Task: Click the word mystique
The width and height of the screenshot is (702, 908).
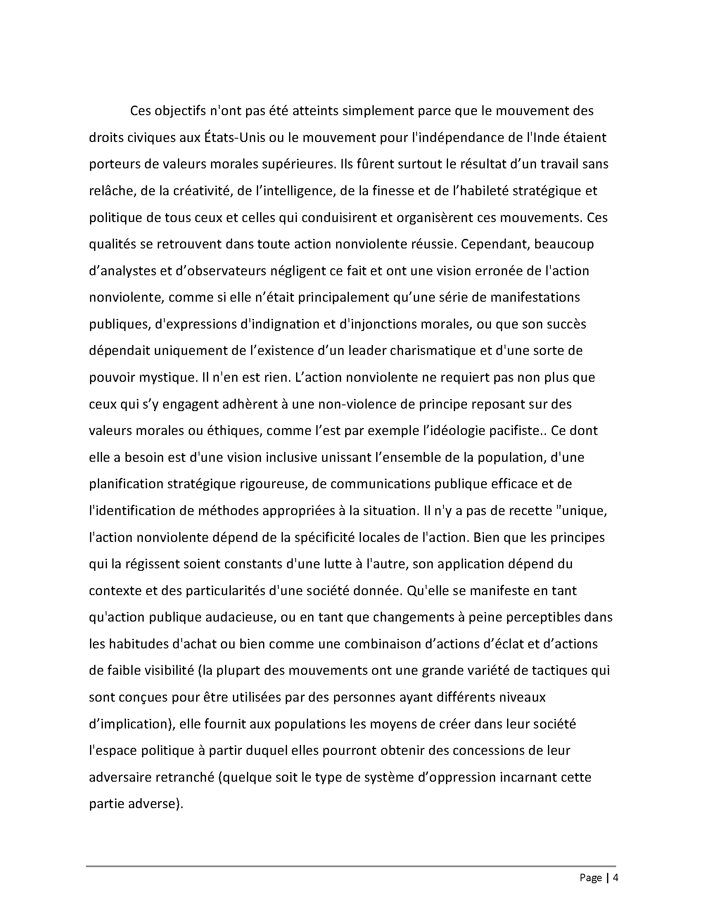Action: pyautogui.click(x=166, y=378)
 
